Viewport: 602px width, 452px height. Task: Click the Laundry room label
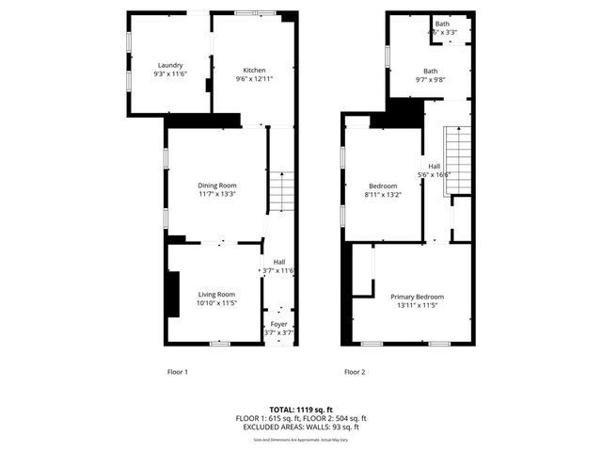point(170,65)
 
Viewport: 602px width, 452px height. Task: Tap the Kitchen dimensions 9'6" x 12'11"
point(254,79)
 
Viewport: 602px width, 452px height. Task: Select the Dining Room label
point(216,186)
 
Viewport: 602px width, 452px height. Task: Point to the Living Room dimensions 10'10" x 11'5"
point(215,303)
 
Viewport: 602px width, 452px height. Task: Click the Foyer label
point(279,324)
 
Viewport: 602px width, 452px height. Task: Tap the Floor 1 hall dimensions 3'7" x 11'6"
point(278,271)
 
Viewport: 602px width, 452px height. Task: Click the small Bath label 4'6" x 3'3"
point(442,24)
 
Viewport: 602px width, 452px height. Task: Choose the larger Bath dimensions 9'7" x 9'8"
point(430,80)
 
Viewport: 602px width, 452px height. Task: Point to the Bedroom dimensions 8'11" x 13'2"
point(382,195)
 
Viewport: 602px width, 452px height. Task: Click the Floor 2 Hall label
point(434,166)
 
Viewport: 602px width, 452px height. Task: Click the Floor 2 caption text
point(354,372)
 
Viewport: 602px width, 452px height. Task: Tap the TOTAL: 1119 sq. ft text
point(300,410)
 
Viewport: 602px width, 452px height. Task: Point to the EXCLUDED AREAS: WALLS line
point(300,427)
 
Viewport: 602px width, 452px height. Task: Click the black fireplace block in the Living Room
point(173,295)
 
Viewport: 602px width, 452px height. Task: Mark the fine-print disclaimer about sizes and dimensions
point(300,438)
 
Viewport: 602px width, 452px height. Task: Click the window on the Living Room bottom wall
point(220,343)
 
